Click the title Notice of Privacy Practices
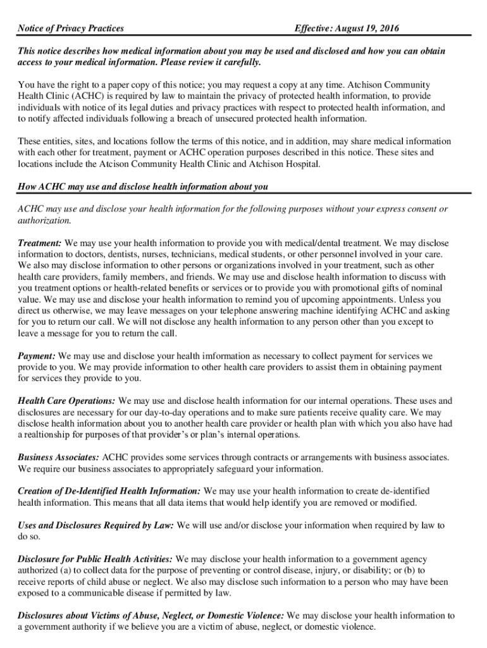point(70,28)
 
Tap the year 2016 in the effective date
point(387,28)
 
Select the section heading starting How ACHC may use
point(143,187)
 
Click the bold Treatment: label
point(40,243)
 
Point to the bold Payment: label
point(37,356)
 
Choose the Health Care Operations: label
point(66,401)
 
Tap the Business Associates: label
point(58,458)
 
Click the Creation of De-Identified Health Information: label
point(109,491)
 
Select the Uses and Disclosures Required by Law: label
point(96,525)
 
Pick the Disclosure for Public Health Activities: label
point(95,559)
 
